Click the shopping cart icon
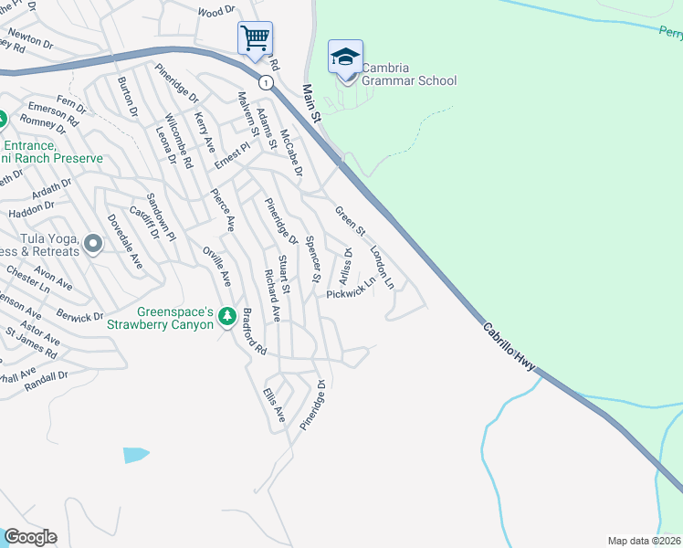click(x=255, y=39)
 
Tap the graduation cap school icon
click(x=345, y=58)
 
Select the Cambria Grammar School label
click(x=408, y=74)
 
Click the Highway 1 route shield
click(x=266, y=82)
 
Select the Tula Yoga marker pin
click(x=92, y=244)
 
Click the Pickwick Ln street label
click(x=351, y=290)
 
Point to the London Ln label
click(x=382, y=266)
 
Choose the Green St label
click(x=350, y=220)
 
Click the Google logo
click(x=30, y=537)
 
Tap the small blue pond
click(x=135, y=454)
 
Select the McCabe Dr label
click(x=290, y=152)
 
